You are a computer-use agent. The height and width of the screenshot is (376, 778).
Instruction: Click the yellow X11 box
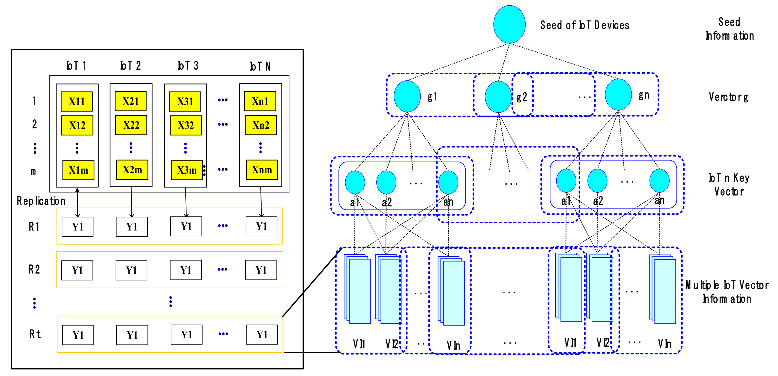point(77,101)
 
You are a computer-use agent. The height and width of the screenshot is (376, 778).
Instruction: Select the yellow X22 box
point(131,125)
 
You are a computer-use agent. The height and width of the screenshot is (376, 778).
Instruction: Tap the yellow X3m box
point(187,170)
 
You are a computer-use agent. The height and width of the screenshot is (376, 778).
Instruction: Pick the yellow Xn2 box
point(261,125)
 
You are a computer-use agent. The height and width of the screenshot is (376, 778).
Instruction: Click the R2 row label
point(34,269)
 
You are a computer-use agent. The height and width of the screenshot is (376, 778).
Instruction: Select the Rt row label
point(35,334)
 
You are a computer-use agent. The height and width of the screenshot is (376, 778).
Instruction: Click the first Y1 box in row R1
point(78,227)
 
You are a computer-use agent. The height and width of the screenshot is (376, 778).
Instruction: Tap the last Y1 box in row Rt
point(262,335)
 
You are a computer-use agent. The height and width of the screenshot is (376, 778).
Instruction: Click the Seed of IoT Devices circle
point(509,24)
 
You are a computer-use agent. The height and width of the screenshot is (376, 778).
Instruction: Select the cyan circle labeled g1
point(407,96)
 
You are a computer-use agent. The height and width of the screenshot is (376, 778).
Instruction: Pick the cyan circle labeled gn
point(618,95)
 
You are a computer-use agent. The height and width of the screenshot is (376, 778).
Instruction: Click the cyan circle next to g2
point(498,97)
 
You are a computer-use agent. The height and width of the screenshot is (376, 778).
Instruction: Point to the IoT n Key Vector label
point(729,185)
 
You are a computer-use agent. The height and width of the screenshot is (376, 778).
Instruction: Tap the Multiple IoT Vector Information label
point(727,292)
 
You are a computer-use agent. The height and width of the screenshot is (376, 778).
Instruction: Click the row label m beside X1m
point(33,171)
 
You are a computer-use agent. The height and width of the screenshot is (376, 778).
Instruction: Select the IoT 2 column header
point(130,65)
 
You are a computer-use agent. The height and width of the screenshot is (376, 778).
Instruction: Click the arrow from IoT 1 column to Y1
point(78,202)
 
